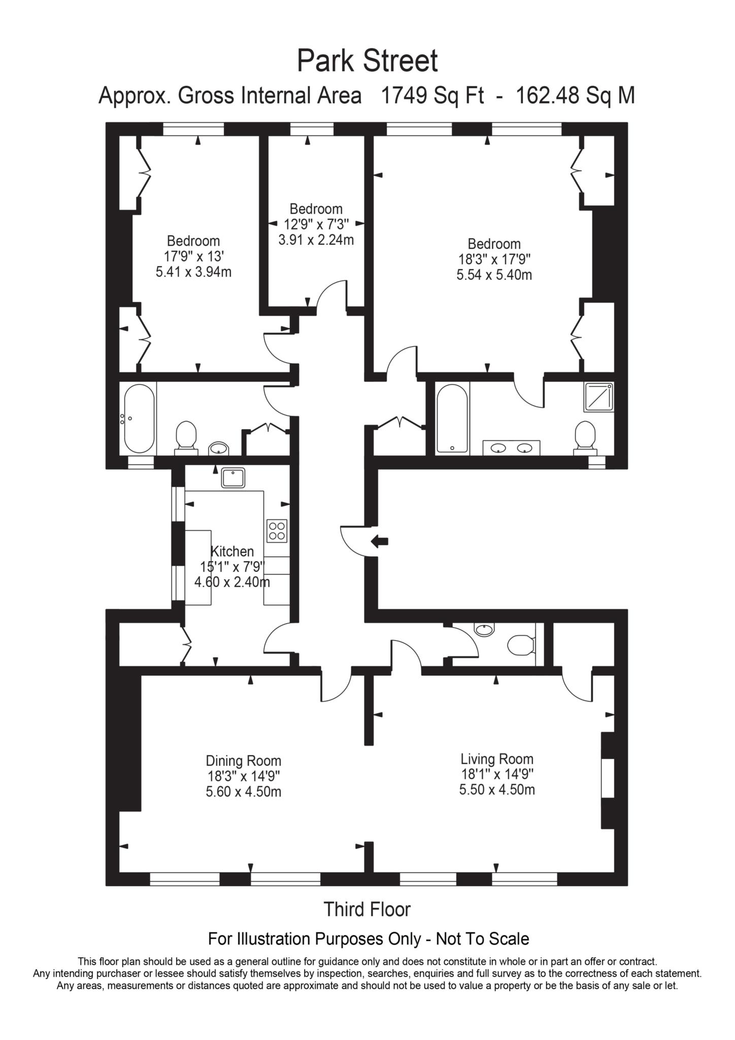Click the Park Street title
(x=367, y=61)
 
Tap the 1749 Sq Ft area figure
(x=432, y=95)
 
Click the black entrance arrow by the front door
(x=379, y=541)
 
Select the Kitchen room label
(x=232, y=551)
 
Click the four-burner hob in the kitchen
(x=277, y=531)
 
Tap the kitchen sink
(x=233, y=478)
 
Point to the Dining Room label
(x=243, y=761)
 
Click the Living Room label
(x=497, y=759)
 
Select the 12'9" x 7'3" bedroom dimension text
(x=316, y=224)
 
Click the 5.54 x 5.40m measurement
(x=494, y=275)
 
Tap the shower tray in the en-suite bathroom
(x=599, y=397)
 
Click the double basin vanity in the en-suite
(x=511, y=448)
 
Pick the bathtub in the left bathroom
(x=139, y=418)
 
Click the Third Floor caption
(x=367, y=909)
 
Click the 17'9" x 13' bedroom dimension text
(x=193, y=256)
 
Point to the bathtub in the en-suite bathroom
(x=452, y=418)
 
